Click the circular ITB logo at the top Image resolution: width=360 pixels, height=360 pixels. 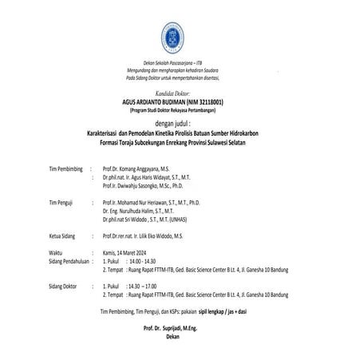179,30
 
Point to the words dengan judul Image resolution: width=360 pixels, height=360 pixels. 180,125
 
